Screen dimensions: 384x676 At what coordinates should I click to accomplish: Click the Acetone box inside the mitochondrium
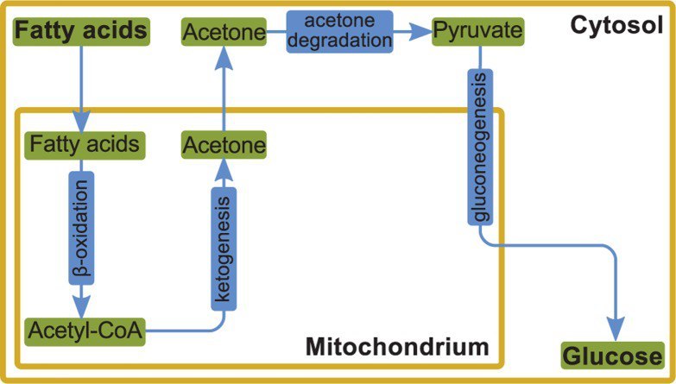point(224,145)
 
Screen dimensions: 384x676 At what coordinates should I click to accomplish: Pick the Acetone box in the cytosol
point(224,33)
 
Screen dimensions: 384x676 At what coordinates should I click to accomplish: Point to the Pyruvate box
point(478,33)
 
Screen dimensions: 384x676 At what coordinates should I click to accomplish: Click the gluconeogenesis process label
point(478,148)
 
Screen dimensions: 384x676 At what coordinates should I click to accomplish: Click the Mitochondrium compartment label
point(397,348)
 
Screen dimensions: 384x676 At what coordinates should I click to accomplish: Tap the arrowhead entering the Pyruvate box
point(420,33)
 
